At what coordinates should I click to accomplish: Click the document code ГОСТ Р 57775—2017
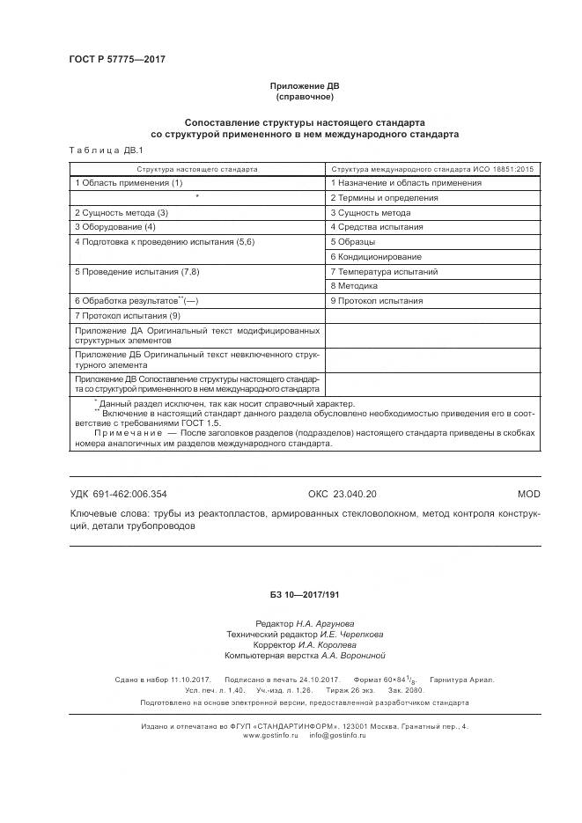click(117, 60)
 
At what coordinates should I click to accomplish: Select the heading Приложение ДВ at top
click(304, 86)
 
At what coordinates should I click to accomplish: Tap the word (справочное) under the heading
click(304, 97)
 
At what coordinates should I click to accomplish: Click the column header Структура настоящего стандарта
click(197, 167)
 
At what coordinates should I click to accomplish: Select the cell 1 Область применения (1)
click(129, 183)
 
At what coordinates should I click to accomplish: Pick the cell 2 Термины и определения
click(384, 198)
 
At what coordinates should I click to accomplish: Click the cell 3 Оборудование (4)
click(114, 227)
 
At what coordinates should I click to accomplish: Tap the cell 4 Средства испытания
click(377, 227)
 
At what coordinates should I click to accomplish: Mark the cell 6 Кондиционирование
click(376, 256)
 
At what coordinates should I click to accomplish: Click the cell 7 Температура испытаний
click(384, 272)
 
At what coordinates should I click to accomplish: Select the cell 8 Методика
click(355, 286)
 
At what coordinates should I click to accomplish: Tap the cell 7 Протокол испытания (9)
click(128, 315)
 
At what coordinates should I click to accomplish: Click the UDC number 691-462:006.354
click(119, 495)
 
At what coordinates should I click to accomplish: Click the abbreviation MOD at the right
click(528, 495)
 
